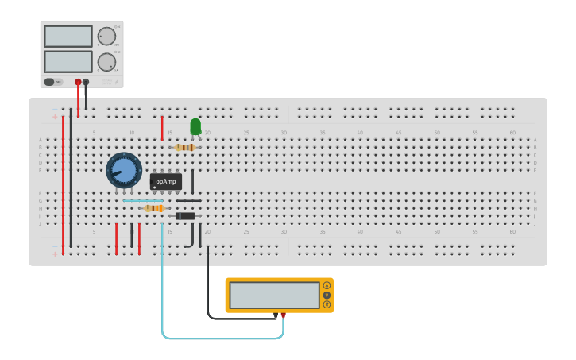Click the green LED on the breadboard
coord(195,126)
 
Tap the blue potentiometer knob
coord(124,170)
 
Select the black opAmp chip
coord(166,181)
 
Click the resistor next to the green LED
coord(185,147)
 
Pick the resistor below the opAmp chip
coord(154,208)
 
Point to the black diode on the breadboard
coord(185,216)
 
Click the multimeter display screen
coord(274,295)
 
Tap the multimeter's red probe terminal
coord(283,315)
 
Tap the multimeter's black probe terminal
coord(276,315)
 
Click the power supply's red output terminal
coord(78,82)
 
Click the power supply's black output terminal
coord(86,82)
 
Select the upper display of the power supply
coord(68,36)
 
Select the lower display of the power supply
coord(68,61)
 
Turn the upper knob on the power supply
coord(106,36)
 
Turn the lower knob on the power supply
coord(106,62)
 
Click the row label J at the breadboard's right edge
coord(535,223)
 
